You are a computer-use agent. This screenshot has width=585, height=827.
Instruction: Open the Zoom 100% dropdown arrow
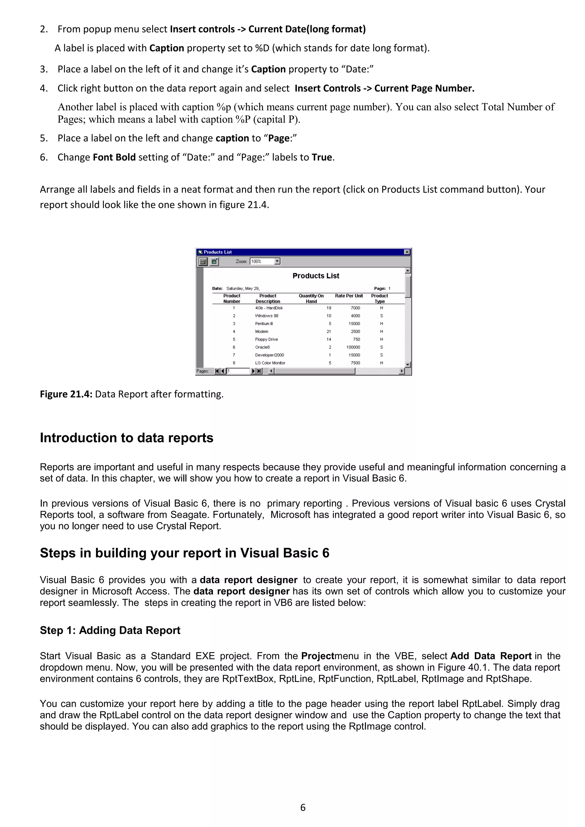(277, 261)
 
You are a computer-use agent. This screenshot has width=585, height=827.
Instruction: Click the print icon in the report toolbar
(203, 261)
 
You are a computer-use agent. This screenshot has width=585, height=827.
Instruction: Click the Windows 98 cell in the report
(267, 316)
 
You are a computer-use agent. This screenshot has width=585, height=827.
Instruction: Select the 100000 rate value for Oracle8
(353, 347)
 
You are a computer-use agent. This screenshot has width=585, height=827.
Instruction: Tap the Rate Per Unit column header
(349, 296)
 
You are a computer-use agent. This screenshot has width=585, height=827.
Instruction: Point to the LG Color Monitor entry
(270, 363)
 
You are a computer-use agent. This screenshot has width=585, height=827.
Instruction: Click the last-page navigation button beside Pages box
(259, 371)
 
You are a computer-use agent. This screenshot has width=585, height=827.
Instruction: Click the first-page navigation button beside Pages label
(217, 371)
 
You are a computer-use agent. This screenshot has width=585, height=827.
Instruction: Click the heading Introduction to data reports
(127, 438)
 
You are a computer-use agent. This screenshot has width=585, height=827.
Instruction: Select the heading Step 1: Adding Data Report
(110, 630)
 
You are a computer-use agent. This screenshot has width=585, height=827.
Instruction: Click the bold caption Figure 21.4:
(66, 394)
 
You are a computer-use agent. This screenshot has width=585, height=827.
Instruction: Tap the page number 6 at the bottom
(302, 807)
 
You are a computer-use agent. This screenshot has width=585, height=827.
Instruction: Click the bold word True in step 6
(322, 157)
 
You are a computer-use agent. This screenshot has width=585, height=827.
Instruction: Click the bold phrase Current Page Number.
(424, 88)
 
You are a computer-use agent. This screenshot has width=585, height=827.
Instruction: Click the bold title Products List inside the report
(316, 276)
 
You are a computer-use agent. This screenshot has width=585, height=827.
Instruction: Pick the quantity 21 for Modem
(328, 331)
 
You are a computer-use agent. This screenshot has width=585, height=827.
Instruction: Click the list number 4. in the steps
(44, 88)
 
